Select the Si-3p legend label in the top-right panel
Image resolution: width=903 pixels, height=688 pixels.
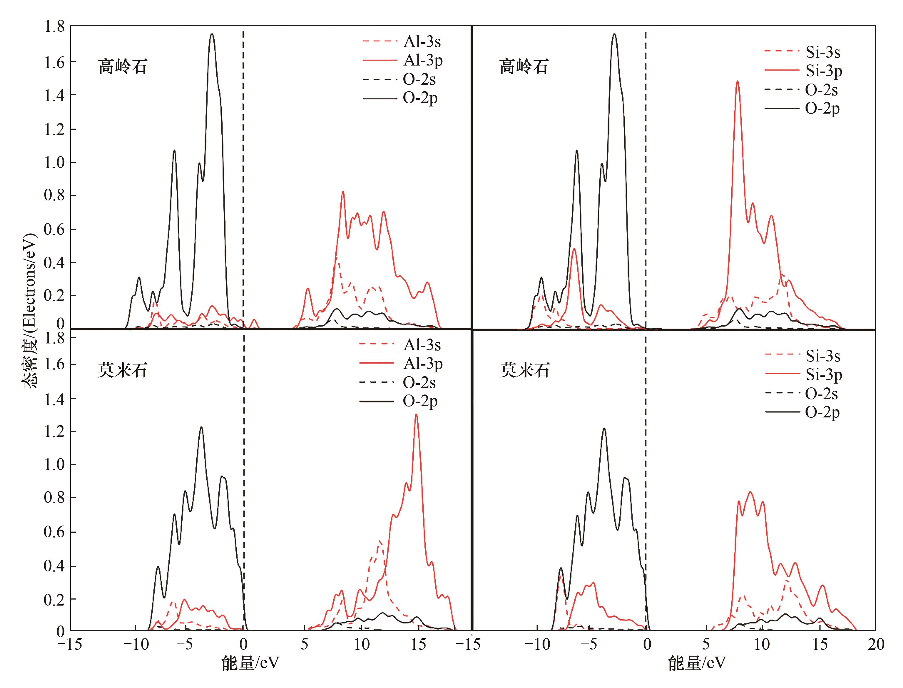pos(824,71)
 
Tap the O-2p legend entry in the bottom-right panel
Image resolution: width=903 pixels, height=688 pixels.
pos(822,412)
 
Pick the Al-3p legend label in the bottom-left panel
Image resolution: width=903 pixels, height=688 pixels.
pos(423,364)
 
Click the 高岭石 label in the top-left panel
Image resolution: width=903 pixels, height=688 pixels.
pos(122,67)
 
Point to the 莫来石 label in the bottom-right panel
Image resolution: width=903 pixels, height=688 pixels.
pos(525,370)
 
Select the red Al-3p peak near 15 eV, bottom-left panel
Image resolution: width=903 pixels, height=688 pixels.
pos(416,415)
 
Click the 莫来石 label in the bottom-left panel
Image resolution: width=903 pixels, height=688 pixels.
pos(122,370)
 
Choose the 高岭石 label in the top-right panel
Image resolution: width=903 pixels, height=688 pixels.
pos(524,67)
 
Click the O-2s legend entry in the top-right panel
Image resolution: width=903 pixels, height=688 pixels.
pos(821,90)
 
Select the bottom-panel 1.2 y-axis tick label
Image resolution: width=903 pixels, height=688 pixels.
pos(54,432)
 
